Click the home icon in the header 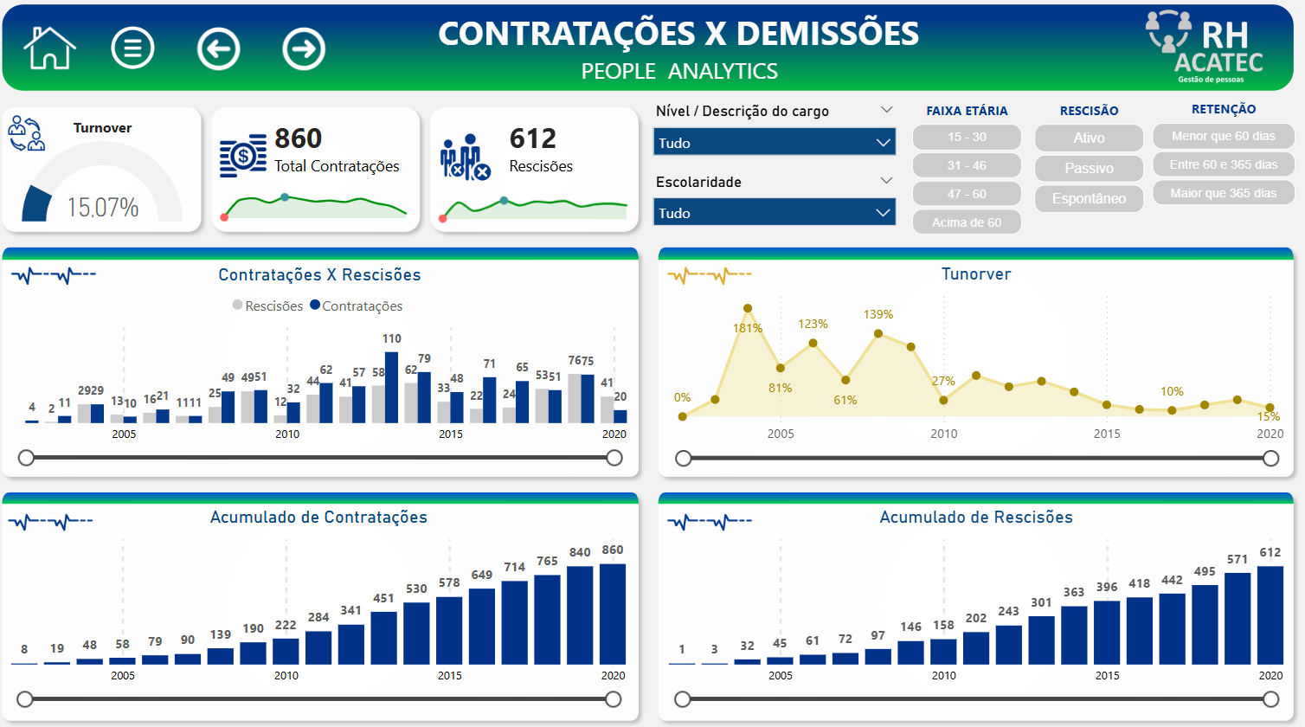pos(50,48)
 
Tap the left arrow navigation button pos(218,48)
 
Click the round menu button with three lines pos(132,48)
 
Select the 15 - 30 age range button pos(967,137)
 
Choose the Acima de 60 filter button pos(967,222)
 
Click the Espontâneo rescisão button pos(1089,198)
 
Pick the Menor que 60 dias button pos(1223,136)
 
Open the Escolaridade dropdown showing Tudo pos(775,213)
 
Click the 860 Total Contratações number pos(299,138)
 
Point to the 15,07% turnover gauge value pos(103,207)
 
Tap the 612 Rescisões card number pos(532,138)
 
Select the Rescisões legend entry pos(268,306)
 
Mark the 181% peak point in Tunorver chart pos(748,308)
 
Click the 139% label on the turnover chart pos(877,314)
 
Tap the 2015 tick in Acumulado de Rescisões pos(1107,675)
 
